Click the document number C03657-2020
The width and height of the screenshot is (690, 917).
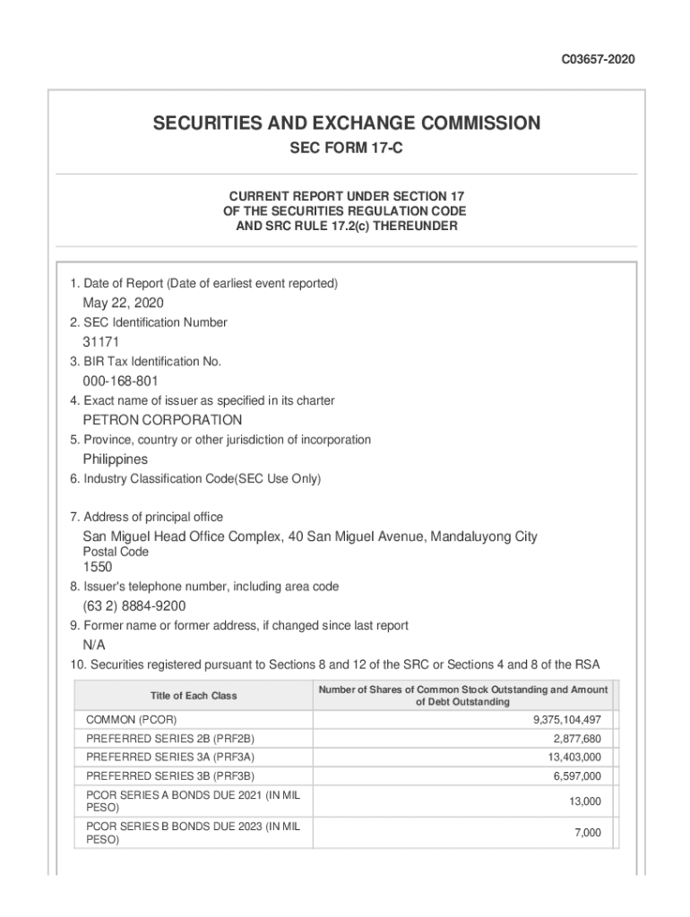pos(599,60)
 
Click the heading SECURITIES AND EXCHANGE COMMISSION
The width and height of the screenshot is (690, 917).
pos(346,124)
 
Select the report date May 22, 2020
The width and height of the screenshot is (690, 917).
pos(124,303)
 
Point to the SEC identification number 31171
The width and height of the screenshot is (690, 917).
pos(101,342)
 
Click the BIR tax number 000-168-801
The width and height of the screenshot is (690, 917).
pos(121,381)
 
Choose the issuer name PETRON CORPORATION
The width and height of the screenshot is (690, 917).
pos(162,420)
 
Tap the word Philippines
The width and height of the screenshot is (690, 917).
pos(116,459)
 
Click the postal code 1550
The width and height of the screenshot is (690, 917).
pos(98,567)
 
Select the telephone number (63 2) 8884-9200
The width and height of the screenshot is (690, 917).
pos(134,606)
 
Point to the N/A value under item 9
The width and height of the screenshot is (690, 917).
pos(94,645)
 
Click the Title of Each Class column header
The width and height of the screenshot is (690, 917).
pos(194,696)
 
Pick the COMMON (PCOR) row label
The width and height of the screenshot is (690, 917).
pos(131,720)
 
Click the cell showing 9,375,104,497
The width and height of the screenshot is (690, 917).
pos(566,720)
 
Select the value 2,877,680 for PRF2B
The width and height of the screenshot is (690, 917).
pos(577,739)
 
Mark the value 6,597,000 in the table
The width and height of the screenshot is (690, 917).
pos(577,776)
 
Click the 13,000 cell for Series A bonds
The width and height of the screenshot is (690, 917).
pos(585,801)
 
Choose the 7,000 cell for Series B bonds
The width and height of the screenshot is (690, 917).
pos(588,834)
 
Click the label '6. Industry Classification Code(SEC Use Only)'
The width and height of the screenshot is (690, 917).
pos(195,479)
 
